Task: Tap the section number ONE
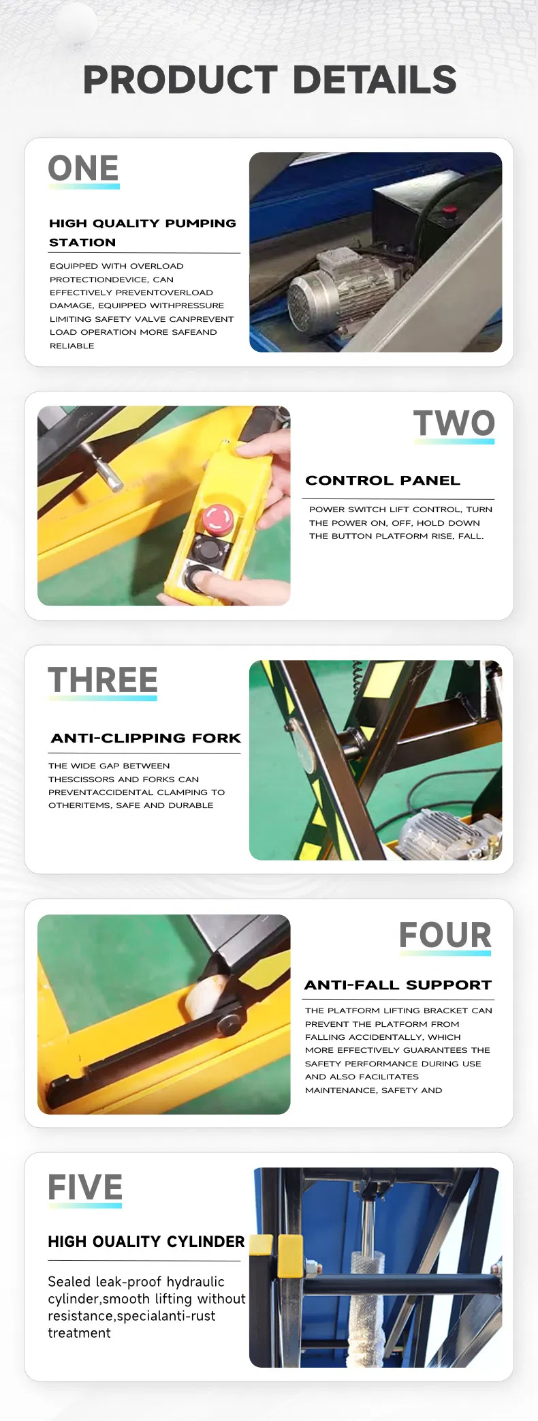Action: click(83, 168)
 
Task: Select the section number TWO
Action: click(454, 423)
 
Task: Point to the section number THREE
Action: click(102, 680)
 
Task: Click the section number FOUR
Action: click(445, 935)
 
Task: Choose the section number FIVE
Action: click(85, 1188)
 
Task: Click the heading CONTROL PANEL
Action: click(383, 481)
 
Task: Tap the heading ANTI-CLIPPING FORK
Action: click(146, 738)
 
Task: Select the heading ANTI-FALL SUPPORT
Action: click(398, 985)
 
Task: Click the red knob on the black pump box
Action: click(449, 211)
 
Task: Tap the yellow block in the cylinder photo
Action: click(289, 1256)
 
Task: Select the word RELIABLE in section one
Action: click(72, 346)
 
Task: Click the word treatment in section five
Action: click(79, 1332)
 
